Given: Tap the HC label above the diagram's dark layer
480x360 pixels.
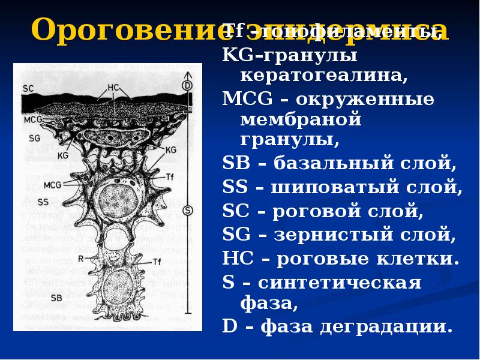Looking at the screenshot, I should pyautogui.click(x=113, y=88).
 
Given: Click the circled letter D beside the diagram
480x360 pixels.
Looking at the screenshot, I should pyautogui.click(x=187, y=85).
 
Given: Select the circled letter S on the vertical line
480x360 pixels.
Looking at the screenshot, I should pyautogui.click(x=188, y=210).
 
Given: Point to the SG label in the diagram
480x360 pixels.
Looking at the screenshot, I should pyautogui.click(x=34, y=137).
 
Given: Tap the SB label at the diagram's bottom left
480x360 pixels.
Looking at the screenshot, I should pyautogui.click(x=57, y=297).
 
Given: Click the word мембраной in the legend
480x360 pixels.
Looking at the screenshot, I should pyautogui.click(x=301, y=119).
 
